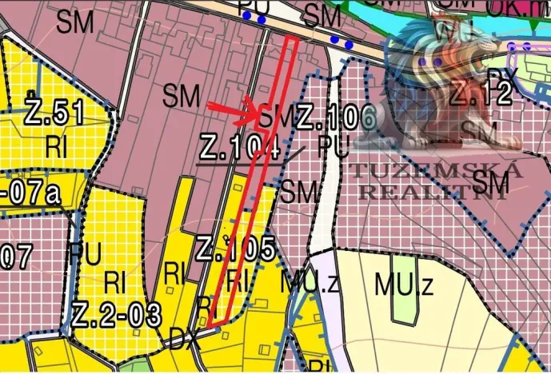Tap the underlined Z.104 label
tap(239, 148)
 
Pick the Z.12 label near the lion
tap(479, 94)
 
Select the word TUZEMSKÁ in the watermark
tap(436, 170)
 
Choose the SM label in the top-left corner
tap(75, 22)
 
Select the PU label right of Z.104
tap(333, 148)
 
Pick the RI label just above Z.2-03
tap(117, 283)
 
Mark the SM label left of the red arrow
tap(181, 97)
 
